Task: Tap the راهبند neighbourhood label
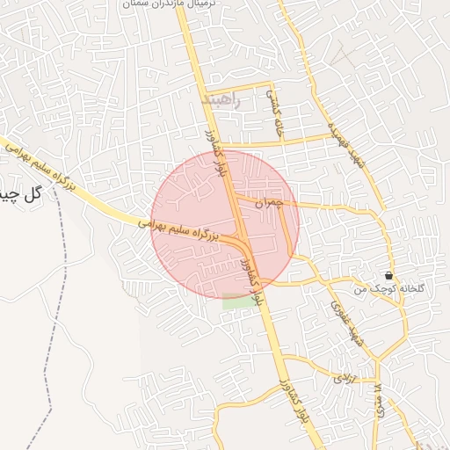click(221, 99)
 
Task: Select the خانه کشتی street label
click(276, 114)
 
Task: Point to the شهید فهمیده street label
click(345, 146)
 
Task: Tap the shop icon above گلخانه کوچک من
click(388, 275)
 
